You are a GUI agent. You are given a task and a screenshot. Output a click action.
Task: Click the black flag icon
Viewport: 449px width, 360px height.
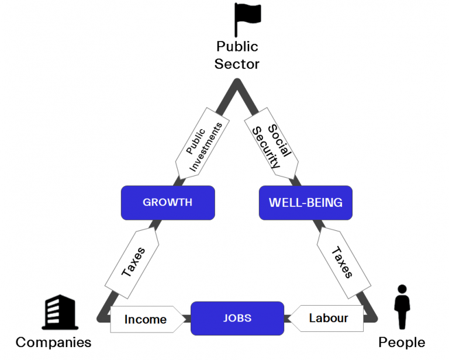(246, 19)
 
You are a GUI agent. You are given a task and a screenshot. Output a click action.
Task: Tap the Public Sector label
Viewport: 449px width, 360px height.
(237, 54)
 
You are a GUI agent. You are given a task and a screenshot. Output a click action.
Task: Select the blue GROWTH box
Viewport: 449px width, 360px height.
(168, 203)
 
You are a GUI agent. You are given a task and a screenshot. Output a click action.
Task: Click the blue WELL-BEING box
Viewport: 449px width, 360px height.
(305, 203)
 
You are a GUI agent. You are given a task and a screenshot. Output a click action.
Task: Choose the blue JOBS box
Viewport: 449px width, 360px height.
(237, 319)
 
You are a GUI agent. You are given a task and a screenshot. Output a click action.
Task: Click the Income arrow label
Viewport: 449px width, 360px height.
(146, 319)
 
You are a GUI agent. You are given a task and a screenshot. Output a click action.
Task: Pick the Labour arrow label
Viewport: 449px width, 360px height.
(328, 319)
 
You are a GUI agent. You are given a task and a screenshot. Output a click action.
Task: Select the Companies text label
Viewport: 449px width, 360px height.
(54, 342)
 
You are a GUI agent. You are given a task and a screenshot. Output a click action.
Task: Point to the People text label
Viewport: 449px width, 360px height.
(402, 342)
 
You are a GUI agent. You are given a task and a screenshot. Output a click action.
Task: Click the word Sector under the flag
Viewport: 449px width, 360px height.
(237, 63)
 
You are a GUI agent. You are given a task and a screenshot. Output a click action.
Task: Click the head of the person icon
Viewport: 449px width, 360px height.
(402, 289)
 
